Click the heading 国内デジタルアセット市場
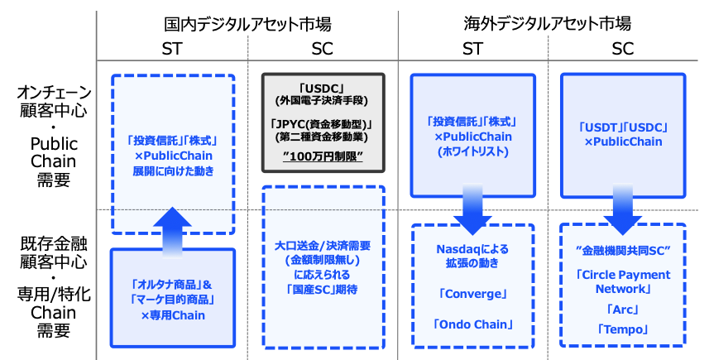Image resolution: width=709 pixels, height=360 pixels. tap(247, 23)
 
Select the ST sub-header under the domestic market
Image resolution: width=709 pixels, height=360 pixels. tap(173, 49)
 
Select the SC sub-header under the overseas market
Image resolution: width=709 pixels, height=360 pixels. tap(623, 49)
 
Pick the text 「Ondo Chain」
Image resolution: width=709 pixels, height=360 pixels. tap(472, 324)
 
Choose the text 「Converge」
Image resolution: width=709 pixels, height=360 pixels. tap(472, 292)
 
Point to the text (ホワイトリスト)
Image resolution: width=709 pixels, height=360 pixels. tap(472, 152)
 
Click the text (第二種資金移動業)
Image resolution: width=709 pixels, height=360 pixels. tap(323, 136)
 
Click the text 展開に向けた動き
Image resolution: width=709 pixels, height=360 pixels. tap(173, 171)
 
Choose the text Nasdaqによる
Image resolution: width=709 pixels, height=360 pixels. tap(472, 248)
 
